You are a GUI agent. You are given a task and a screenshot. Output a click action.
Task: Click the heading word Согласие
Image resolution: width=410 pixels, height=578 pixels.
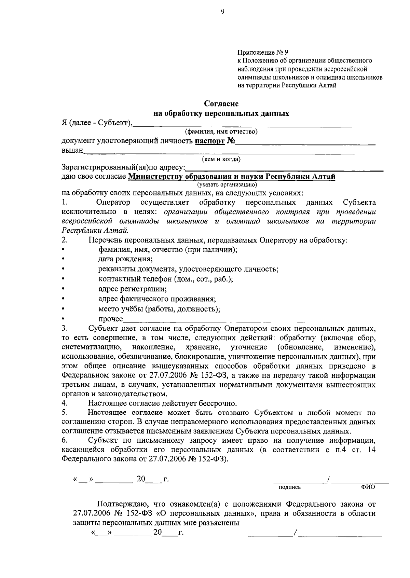tap(221, 104)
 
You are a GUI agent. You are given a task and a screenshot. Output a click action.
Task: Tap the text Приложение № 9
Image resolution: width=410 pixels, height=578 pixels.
tap(263, 53)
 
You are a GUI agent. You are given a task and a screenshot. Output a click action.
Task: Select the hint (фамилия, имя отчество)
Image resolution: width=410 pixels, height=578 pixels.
tap(221, 131)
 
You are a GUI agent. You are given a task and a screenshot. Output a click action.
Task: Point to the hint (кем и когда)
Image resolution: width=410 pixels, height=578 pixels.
tap(221, 159)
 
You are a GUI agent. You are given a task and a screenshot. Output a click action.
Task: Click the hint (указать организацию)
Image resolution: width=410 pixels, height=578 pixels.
tap(227, 185)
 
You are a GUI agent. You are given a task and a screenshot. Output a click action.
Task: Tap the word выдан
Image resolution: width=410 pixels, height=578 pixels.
tap(72, 150)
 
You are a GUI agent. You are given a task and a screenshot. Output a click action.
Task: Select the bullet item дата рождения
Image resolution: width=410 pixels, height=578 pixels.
tap(125, 259)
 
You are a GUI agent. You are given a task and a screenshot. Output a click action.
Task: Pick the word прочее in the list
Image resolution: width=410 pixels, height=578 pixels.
tap(111, 319)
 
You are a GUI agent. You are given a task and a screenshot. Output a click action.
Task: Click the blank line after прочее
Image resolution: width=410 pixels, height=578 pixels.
tap(214, 320)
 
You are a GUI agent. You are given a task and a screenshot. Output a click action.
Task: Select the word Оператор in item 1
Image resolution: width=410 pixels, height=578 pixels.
tap(113, 203)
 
